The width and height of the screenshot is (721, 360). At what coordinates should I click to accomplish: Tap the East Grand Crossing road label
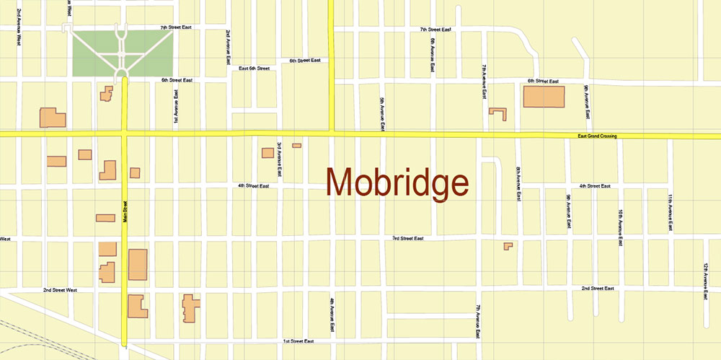pyautogui.click(x=597, y=136)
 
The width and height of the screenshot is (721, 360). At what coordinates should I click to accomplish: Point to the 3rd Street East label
pyautogui.click(x=407, y=238)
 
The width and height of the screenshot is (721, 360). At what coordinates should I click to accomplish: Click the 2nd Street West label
pyautogui.click(x=60, y=290)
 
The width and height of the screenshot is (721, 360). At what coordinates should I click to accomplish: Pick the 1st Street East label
pyautogui.click(x=298, y=341)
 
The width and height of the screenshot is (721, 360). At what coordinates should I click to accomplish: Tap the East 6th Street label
pyautogui.click(x=254, y=69)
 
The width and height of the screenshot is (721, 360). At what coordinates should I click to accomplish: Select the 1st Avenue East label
pyautogui.click(x=175, y=107)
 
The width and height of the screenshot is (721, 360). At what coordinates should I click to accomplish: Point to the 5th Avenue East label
pyautogui.click(x=382, y=114)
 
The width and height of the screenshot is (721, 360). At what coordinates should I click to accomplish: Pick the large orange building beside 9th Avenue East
pyautogui.click(x=544, y=97)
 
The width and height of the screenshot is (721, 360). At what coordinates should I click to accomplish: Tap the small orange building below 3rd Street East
pyautogui.click(x=508, y=246)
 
